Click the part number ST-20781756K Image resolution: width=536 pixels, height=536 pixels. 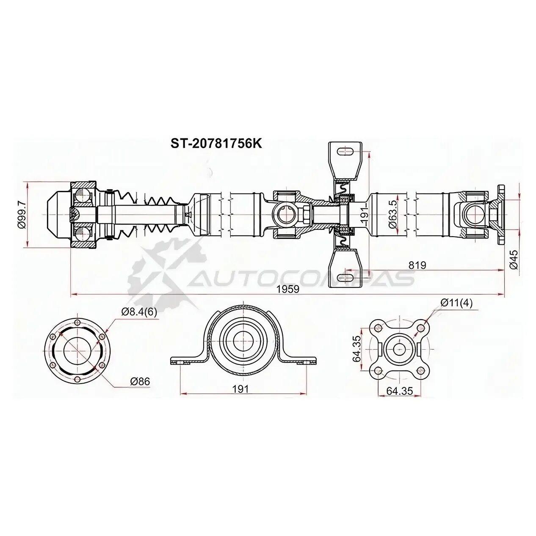(216, 144)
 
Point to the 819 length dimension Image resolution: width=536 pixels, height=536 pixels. (417, 265)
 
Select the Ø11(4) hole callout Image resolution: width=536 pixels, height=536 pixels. (456, 303)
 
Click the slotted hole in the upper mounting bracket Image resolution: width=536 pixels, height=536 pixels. (345, 152)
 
